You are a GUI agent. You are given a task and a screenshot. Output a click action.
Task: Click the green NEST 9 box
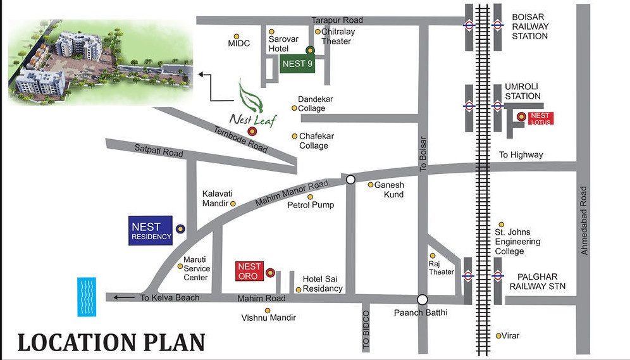pos(297,64)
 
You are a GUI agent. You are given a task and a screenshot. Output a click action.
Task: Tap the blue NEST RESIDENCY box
pos(151,232)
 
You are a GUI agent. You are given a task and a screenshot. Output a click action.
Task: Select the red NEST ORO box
pos(249,271)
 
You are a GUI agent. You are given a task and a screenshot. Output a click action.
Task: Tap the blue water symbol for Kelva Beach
pos(86,296)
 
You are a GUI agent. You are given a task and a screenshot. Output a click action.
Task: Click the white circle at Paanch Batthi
pos(423,299)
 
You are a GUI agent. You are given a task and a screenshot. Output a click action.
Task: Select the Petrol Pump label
pos(311,205)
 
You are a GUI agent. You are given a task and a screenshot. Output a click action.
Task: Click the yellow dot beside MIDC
pos(237,37)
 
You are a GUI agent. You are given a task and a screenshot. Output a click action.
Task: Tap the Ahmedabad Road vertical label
pos(584,221)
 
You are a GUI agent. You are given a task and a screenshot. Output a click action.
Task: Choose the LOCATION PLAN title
pos(111,342)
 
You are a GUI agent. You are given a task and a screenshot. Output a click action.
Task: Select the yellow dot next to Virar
pos(499,335)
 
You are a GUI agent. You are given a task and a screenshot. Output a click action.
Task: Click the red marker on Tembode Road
pos(252,132)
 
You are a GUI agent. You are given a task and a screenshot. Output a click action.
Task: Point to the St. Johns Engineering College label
pos(517,242)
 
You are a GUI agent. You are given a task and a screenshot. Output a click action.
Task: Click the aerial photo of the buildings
pos(100,60)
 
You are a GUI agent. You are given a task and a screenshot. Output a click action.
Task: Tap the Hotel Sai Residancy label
pos(322,283)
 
